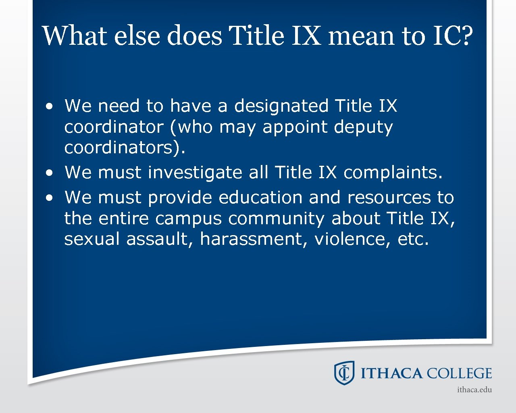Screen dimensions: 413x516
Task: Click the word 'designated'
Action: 281,106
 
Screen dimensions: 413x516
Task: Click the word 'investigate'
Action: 195,173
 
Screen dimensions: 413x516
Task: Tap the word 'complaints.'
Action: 393,173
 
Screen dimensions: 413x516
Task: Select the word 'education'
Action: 260,198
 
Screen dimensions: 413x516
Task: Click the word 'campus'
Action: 188,219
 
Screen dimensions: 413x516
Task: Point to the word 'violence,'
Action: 352,240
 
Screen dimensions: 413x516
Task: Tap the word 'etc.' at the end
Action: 413,240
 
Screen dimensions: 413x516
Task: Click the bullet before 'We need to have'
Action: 49,107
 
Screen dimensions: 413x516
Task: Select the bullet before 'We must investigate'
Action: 49,173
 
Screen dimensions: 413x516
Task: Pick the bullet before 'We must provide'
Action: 49,198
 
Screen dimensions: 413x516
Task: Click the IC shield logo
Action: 344,373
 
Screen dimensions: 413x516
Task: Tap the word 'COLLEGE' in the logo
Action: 459,373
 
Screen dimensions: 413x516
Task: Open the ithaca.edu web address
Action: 474,390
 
